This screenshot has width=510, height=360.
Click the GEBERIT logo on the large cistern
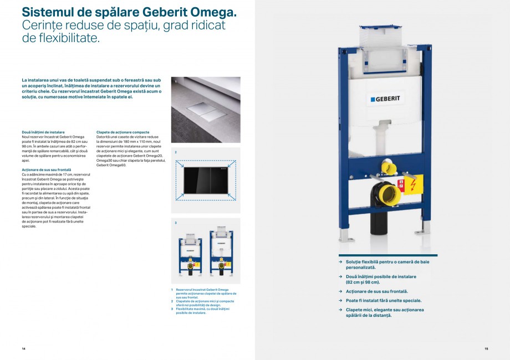click(x=386, y=99)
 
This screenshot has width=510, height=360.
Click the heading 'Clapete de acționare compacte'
click(x=123, y=132)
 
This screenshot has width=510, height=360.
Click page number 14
click(x=23, y=348)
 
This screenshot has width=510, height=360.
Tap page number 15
click(x=486, y=348)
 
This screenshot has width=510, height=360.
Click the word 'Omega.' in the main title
click(x=213, y=11)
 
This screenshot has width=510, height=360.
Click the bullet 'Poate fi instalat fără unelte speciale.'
click(x=383, y=301)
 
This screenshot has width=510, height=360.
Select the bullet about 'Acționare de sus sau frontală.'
click(x=377, y=291)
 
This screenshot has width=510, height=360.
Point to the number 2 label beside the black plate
click(x=175, y=152)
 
